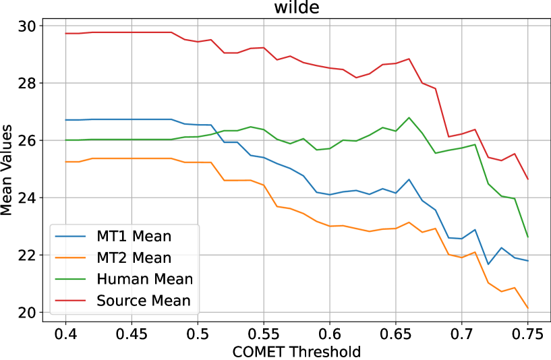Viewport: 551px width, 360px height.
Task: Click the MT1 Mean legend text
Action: tap(134, 237)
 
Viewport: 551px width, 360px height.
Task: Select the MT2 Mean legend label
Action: tap(134, 258)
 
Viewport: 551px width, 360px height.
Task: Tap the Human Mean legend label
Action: tap(144, 279)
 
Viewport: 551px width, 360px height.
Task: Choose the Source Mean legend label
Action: tap(144, 301)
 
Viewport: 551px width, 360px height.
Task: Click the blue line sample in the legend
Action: tap(71, 237)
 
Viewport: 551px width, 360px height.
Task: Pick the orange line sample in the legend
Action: tap(71, 258)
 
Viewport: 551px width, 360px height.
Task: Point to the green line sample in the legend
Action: tap(71, 279)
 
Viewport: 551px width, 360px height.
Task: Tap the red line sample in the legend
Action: tap(71, 301)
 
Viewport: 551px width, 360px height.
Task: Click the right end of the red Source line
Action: tap(528, 180)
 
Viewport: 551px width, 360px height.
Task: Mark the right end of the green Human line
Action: tap(528, 238)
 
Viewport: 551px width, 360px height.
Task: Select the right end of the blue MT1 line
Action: tap(528, 261)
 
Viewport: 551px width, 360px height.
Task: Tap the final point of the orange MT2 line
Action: tap(528, 309)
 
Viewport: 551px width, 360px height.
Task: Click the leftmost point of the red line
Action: tap(65, 33)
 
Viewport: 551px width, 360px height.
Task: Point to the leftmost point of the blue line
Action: tap(65, 120)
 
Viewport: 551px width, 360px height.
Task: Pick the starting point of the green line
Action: tap(65, 140)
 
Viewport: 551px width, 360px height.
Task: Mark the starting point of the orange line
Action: tap(65, 162)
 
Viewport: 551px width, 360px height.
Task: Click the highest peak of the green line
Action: tap(409, 117)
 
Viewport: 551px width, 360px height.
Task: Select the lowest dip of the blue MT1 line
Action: tap(488, 265)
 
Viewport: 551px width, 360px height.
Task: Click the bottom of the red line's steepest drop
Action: tap(448, 138)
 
